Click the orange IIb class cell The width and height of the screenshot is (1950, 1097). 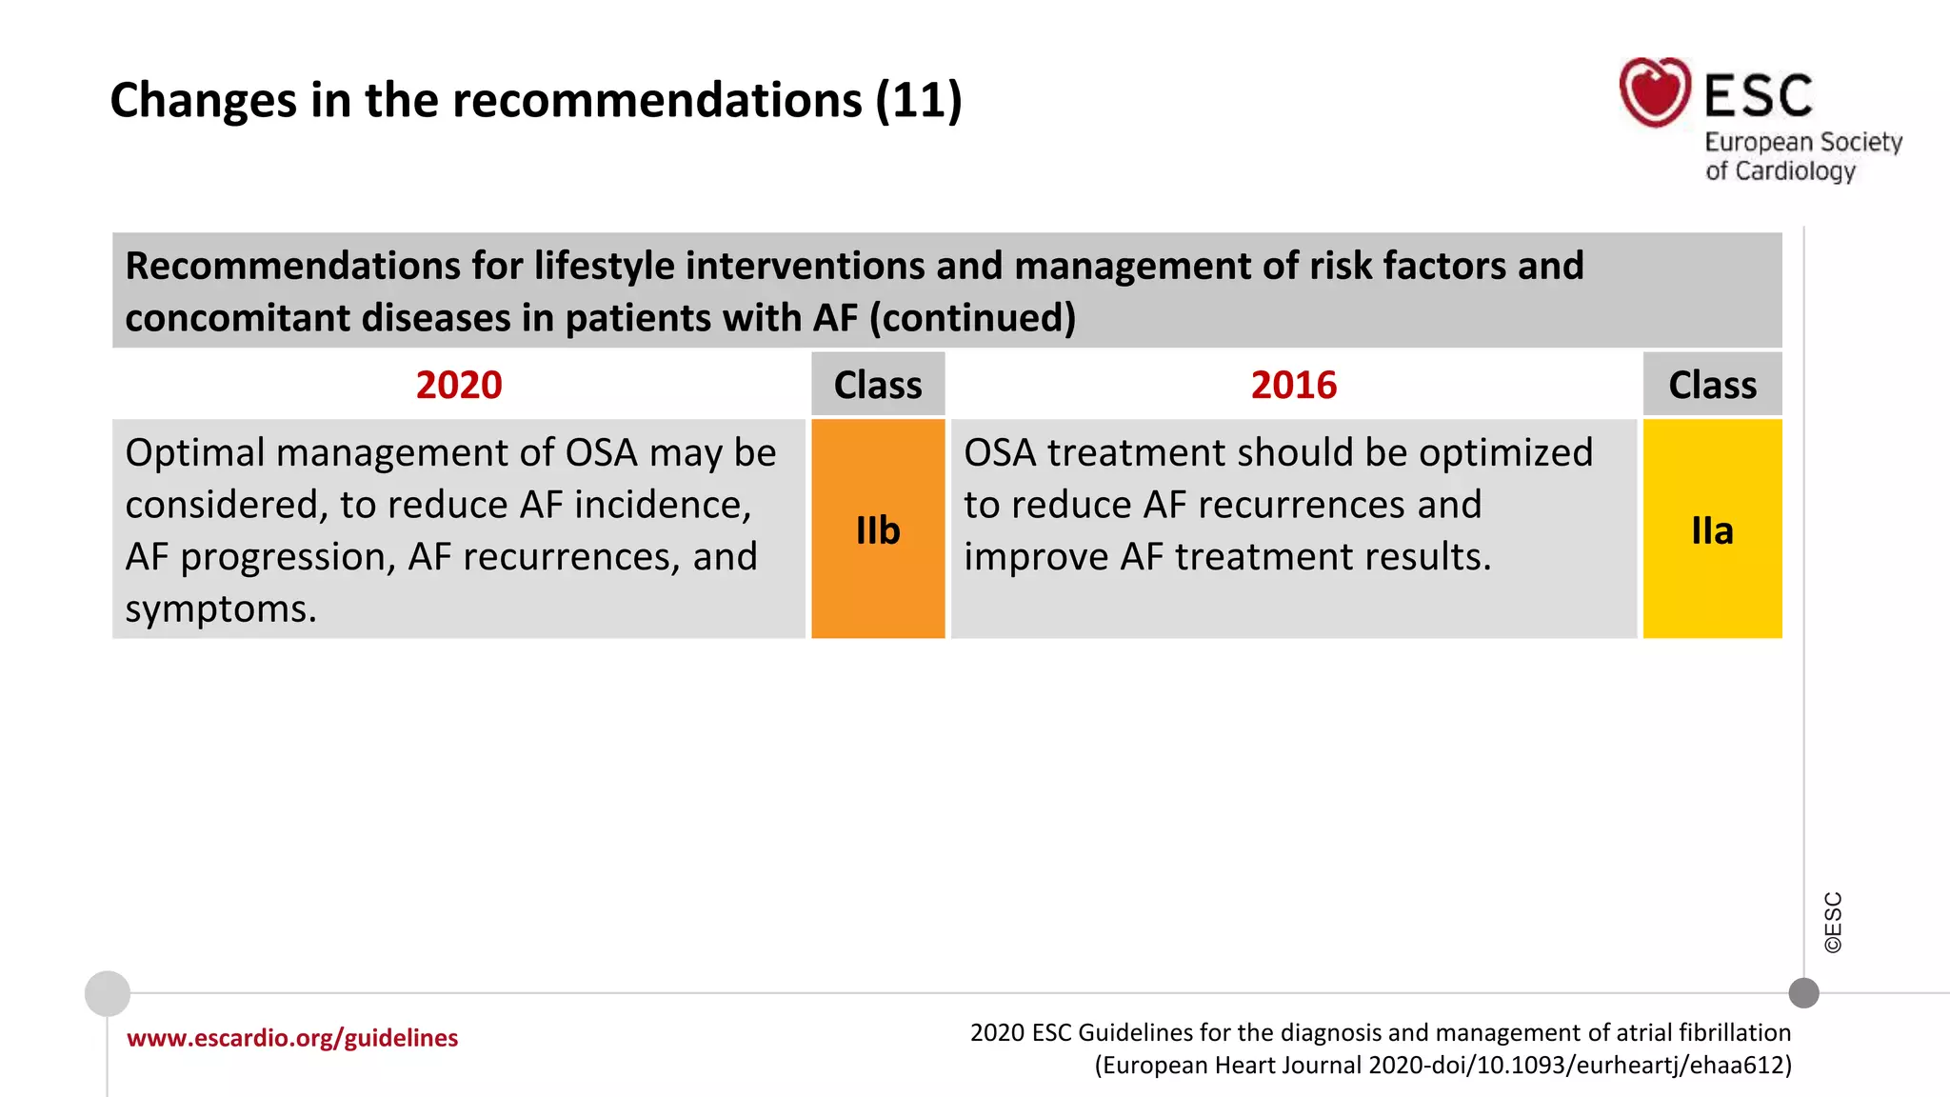click(878, 529)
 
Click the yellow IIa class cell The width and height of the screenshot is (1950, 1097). click(1712, 529)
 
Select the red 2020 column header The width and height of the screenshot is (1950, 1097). click(458, 385)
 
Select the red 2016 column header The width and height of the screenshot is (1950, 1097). click(1293, 385)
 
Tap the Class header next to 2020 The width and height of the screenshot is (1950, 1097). click(878, 385)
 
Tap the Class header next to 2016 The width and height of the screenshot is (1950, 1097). click(1712, 385)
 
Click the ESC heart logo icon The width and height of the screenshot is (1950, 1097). click(1655, 92)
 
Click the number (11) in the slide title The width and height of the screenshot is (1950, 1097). click(919, 100)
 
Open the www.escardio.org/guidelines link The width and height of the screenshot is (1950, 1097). click(292, 1038)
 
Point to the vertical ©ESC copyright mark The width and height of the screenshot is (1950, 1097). click(1833, 922)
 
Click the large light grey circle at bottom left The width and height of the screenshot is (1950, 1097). click(108, 993)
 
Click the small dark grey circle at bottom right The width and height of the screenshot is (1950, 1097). click(1803, 993)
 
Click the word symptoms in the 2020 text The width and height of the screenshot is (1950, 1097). click(220, 609)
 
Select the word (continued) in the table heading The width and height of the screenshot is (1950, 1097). click(972, 318)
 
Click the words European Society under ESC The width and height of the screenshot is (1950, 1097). click(1802, 142)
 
